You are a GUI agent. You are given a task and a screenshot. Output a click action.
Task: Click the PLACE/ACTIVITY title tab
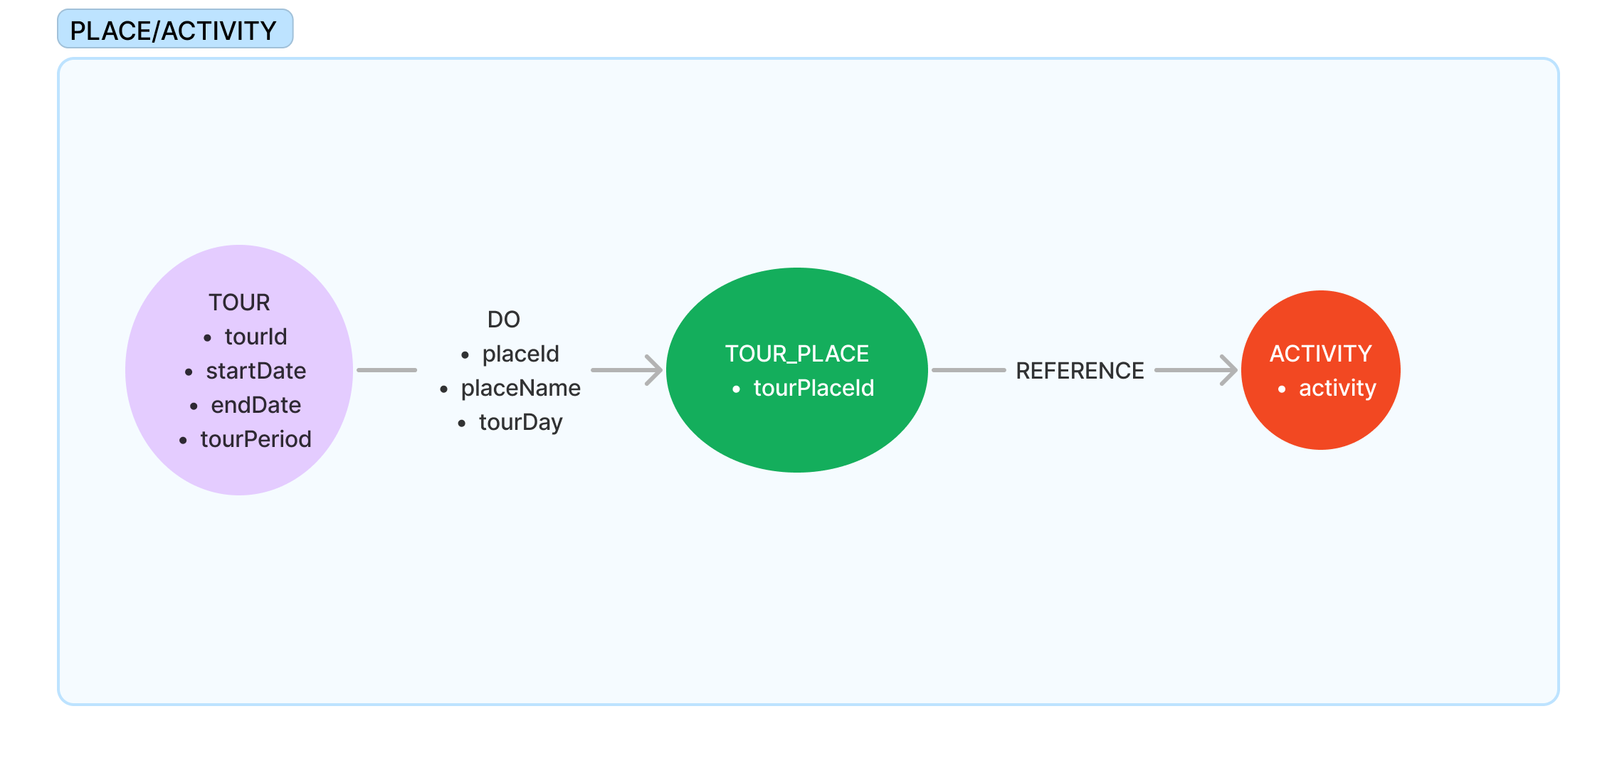click(x=174, y=30)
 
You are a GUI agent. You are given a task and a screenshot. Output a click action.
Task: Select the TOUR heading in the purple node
click(x=239, y=302)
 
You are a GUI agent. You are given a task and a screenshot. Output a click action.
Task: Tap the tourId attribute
click(x=256, y=337)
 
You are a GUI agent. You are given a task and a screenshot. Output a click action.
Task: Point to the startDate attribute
click(x=256, y=371)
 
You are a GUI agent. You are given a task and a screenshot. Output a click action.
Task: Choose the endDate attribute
click(x=256, y=405)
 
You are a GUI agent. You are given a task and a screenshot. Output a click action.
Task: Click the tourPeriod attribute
click(x=256, y=439)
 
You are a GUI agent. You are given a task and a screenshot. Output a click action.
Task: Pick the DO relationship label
click(x=503, y=320)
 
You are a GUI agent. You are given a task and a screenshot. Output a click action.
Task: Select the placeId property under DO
click(x=520, y=354)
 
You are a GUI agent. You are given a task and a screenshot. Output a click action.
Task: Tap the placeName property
click(x=520, y=388)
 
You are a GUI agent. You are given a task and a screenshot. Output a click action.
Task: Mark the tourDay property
click(x=520, y=422)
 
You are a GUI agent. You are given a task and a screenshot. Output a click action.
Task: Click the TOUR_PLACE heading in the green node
click(x=796, y=354)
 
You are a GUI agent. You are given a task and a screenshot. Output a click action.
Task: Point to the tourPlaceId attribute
click(x=813, y=388)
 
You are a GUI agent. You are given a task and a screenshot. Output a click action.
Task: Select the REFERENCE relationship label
click(x=1080, y=371)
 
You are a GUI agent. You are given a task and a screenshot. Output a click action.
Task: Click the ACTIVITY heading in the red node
click(x=1320, y=354)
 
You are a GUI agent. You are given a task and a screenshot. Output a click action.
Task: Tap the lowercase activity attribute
click(x=1337, y=388)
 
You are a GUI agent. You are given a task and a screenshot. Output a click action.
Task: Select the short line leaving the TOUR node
click(x=386, y=370)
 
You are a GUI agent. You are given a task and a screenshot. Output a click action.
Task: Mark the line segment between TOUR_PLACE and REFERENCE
click(x=968, y=370)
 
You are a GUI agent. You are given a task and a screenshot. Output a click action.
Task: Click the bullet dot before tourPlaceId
click(x=737, y=389)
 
